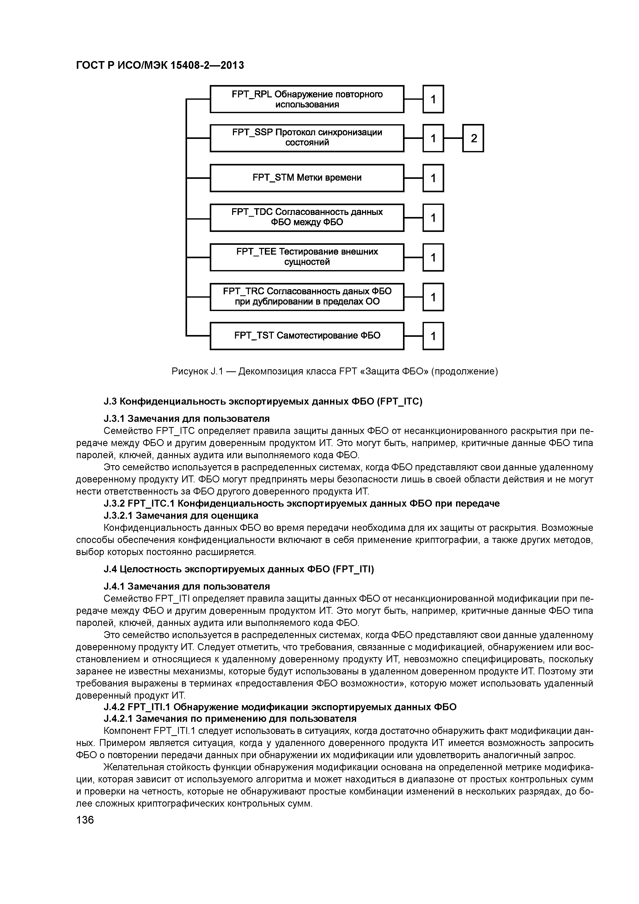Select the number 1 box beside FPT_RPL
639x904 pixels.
coord(433,99)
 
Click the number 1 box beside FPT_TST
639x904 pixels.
coord(433,336)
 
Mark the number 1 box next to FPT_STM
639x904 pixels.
coord(433,178)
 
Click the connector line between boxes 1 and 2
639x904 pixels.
coord(453,138)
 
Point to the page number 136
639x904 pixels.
coord(85,820)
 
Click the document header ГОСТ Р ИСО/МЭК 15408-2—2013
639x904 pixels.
coord(160,65)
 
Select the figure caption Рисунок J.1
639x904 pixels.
coord(335,371)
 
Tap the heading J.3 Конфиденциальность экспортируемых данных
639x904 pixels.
coord(263,401)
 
